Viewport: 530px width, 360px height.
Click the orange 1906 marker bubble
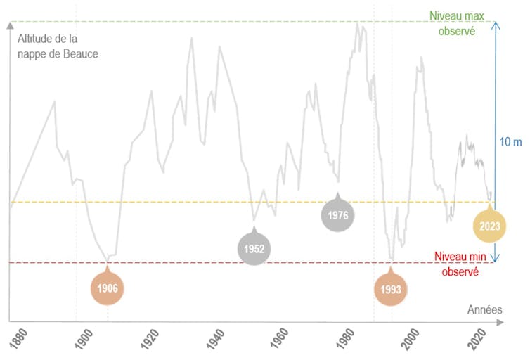pos(108,288)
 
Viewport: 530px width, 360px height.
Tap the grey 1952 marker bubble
pos(254,248)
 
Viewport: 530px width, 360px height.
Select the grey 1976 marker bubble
pos(338,214)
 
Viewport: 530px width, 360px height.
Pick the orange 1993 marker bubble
pos(391,289)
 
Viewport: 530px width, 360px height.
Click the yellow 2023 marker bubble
pos(489,226)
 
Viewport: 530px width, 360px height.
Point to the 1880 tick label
pos(15,338)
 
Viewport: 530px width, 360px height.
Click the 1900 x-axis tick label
pos(81,338)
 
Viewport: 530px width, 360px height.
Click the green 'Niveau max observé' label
pos(457,24)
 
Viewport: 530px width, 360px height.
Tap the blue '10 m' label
pos(511,142)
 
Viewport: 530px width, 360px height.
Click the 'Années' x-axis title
pos(484,309)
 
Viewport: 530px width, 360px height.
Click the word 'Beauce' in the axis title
pos(81,53)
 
